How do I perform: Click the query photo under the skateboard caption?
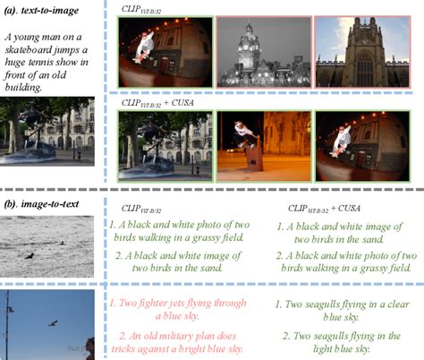[x=47, y=132]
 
